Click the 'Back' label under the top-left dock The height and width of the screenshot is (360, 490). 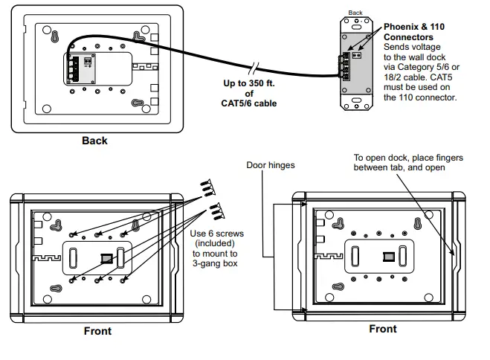pyautogui.click(x=94, y=141)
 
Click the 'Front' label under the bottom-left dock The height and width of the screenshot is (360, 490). pyautogui.click(x=97, y=331)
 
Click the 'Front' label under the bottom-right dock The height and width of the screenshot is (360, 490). pyautogui.click(x=383, y=329)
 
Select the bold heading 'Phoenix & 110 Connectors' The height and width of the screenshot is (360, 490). pyautogui.click(x=413, y=31)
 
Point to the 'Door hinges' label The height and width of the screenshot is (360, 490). pyautogui.click(x=271, y=164)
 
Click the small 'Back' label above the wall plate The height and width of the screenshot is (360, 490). pyautogui.click(x=355, y=12)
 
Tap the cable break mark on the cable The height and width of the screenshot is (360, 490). pyautogui.click(x=255, y=67)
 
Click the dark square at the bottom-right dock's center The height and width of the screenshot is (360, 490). pyautogui.click(x=387, y=257)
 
